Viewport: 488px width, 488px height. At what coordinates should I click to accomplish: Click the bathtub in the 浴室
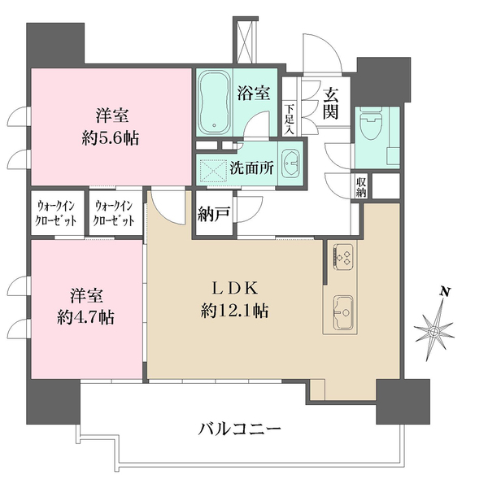[216, 103]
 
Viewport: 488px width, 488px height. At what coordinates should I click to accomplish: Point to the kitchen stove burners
[342, 259]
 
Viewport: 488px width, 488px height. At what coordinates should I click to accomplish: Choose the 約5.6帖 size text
[111, 137]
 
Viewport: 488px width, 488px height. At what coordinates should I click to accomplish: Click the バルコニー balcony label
[239, 429]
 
